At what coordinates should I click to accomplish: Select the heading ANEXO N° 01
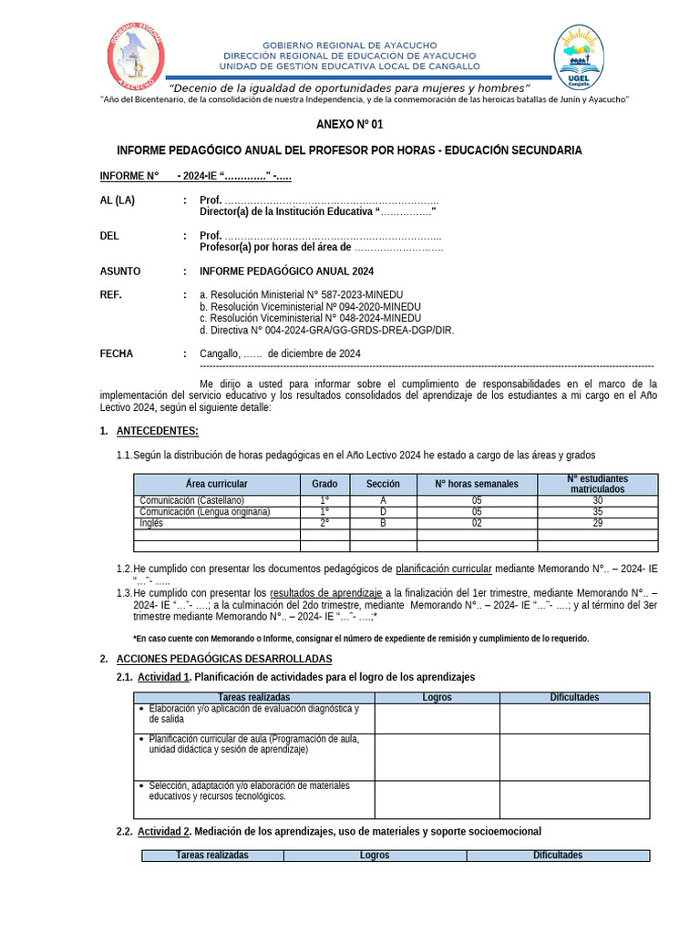coord(349,124)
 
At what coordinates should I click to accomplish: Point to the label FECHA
coord(116,354)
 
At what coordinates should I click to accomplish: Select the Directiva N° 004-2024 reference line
coord(326,330)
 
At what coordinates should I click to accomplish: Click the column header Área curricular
coord(216,484)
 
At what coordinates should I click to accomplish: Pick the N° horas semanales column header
coord(476,484)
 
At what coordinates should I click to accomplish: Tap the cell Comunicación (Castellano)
coord(191,500)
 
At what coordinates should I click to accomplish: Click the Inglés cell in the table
coord(151,523)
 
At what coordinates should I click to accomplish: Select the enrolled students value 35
coord(597,512)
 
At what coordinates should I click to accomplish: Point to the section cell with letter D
coord(383,512)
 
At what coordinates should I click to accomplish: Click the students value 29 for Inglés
coord(597,523)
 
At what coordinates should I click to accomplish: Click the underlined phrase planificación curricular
coord(443,569)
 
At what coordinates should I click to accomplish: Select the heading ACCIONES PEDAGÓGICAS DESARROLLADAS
coord(224,659)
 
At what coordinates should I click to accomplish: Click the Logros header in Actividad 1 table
coord(437,697)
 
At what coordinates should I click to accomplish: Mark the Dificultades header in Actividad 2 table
coord(557,856)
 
